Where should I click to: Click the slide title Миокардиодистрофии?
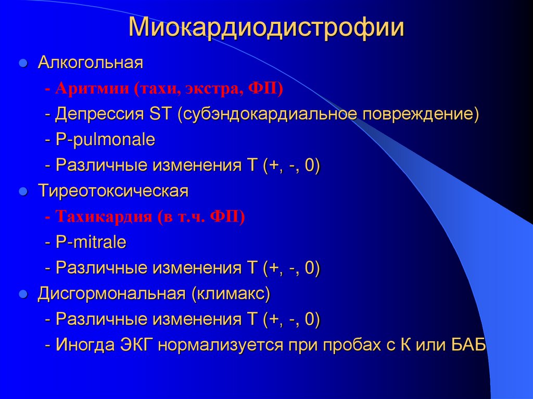point(266,28)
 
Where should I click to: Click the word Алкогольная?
point(90,63)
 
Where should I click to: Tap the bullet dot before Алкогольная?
point(23,64)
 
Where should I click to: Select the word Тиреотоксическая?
point(112,191)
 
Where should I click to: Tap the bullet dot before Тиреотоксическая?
point(23,191)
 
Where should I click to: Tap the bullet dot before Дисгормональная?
point(23,294)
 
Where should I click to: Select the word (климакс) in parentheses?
point(231,293)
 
